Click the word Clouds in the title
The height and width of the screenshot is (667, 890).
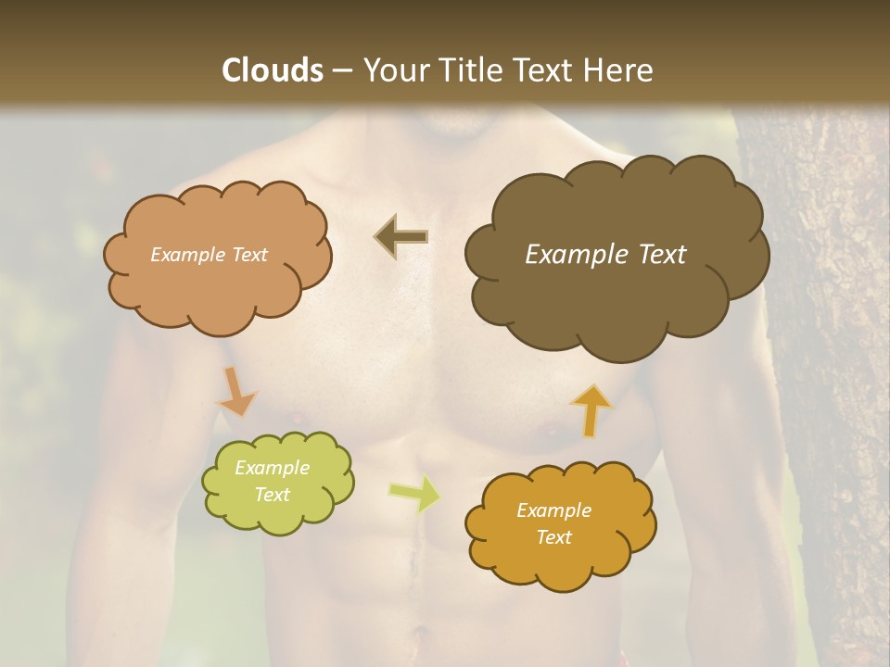click(273, 70)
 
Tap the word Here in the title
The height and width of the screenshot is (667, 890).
click(619, 70)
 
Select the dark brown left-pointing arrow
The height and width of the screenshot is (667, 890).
click(400, 236)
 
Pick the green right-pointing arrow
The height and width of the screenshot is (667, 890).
click(414, 493)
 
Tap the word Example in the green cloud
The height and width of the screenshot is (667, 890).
click(272, 468)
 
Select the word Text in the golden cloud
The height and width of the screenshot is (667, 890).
click(553, 537)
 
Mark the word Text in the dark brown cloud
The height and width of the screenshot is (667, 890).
click(662, 255)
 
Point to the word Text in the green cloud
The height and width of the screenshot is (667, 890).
click(272, 495)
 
